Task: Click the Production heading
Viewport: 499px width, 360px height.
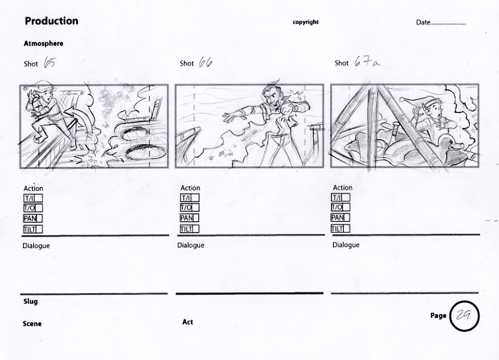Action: click(51, 21)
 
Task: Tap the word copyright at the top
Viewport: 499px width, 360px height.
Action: click(305, 22)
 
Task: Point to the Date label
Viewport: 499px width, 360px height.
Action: click(423, 22)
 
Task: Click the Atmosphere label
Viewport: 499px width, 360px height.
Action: click(44, 44)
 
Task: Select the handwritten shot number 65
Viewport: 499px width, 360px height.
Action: click(49, 62)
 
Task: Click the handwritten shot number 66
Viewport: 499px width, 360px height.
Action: click(205, 62)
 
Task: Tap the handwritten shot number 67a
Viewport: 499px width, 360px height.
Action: click(367, 62)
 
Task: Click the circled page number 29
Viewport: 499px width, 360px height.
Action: click(464, 316)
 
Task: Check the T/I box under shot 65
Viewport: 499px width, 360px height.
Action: click(33, 198)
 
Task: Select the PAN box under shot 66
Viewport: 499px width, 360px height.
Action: click(189, 218)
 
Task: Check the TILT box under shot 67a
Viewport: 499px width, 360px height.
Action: click(340, 229)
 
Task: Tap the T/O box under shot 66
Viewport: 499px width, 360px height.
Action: click(189, 208)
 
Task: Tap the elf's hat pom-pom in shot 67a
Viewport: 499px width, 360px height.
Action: click(402, 99)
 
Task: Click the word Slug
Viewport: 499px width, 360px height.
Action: click(31, 302)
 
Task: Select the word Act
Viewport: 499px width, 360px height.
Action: click(188, 322)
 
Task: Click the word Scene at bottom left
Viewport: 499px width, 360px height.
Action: click(32, 324)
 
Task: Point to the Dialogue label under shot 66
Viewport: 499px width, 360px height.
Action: click(190, 246)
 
